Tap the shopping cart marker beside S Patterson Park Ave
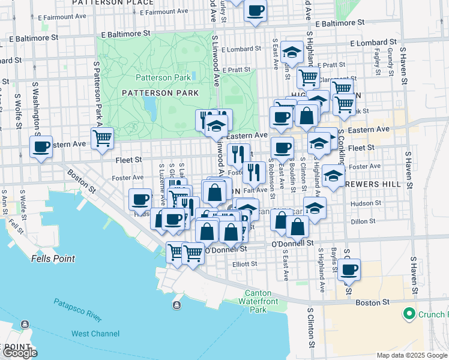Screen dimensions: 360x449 coord(103,138)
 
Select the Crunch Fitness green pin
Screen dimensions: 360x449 coord(409,314)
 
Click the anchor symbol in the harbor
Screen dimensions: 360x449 coord(176,305)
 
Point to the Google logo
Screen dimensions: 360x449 coord(20,353)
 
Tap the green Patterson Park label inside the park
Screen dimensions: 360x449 coord(163,77)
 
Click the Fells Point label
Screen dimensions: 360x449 coord(53,259)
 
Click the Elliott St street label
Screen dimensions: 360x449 coord(247,263)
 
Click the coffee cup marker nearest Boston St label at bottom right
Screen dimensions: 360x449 coord(349,269)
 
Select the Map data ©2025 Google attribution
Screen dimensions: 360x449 coord(411,355)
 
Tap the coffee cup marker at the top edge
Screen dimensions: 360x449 coord(255,11)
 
